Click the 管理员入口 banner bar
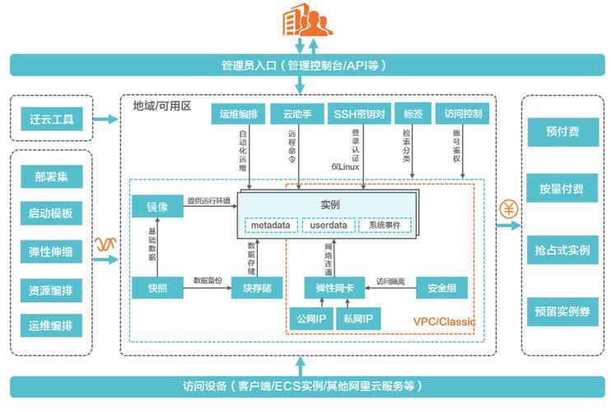[305, 64]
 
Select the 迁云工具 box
[51, 119]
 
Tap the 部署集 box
[51, 177]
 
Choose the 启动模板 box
[51, 214]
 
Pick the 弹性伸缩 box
[51, 251]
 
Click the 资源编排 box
[51, 288]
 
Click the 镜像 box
[157, 205]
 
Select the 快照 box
[157, 288]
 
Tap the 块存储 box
[257, 288]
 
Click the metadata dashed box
[271, 224]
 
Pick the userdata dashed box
[328, 224]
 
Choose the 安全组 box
[442, 288]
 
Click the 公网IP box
[310, 318]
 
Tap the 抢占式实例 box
[562, 250]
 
